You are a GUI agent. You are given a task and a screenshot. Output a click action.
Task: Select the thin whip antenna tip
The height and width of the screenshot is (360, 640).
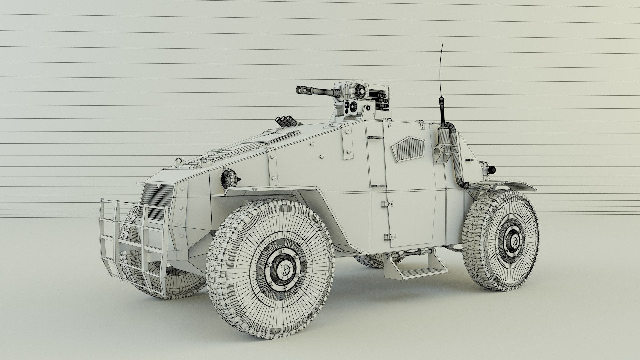pos(442,44)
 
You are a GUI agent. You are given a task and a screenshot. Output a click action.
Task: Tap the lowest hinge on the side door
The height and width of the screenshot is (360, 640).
pos(387,237)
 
